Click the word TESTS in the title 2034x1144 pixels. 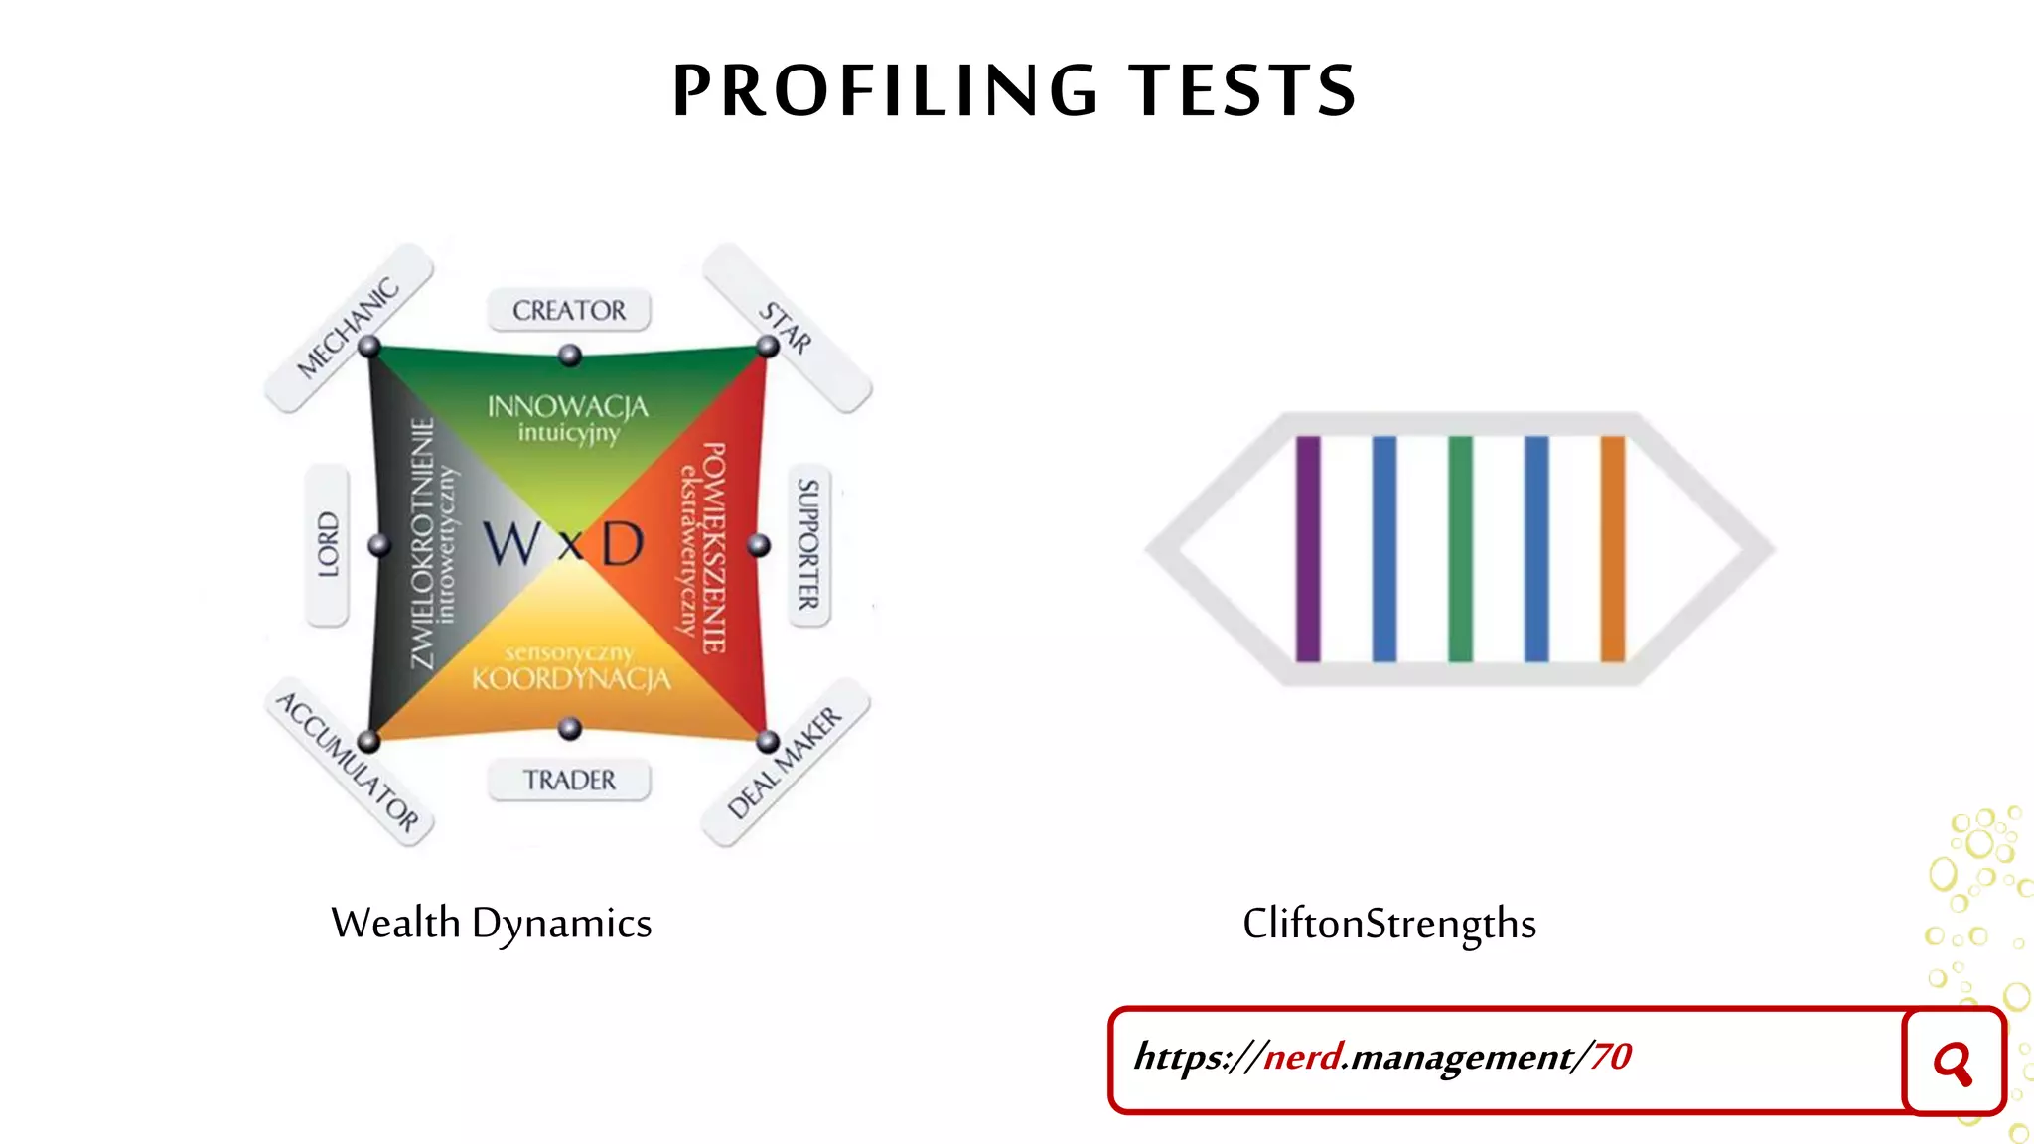[1242, 90]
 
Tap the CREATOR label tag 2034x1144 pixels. [569, 311]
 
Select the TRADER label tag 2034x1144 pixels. [569, 781]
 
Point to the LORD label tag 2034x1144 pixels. [328, 545]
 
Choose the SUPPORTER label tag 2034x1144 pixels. [808, 545]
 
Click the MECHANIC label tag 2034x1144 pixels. [349, 327]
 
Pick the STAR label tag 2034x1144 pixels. [787, 328]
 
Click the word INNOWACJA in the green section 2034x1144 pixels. [567, 406]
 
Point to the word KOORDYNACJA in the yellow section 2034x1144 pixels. [571, 679]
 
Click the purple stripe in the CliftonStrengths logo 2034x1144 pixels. [1308, 548]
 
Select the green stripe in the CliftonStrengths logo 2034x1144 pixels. [1460, 548]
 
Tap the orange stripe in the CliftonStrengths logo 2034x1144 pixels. [1612, 548]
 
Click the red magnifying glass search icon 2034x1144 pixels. [1953, 1063]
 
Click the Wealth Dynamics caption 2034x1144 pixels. [492, 924]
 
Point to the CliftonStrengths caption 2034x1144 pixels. [1389, 924]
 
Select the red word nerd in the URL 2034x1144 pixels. [1303, 1057]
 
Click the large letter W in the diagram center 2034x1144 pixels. [512, 544]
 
